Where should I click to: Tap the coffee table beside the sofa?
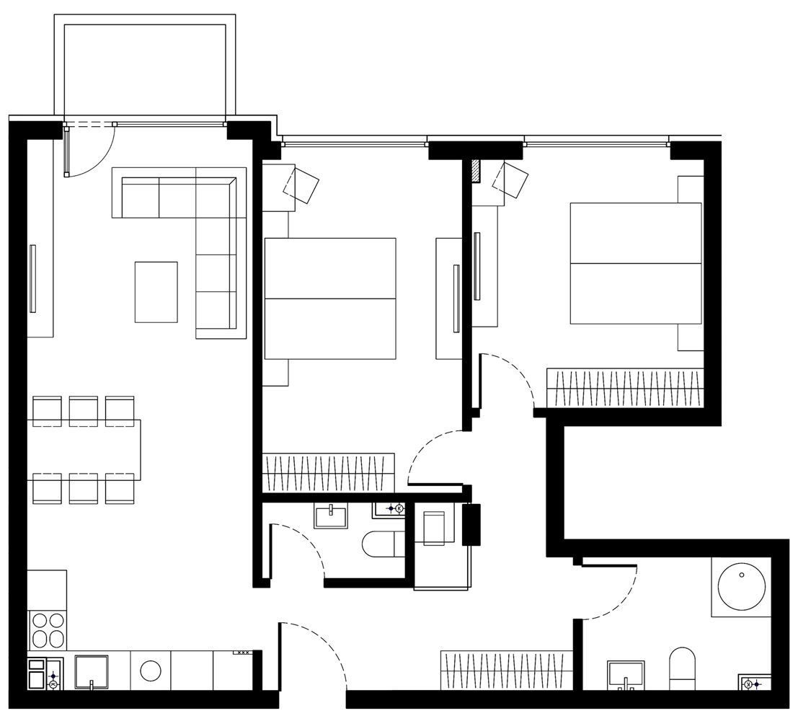point(156,291)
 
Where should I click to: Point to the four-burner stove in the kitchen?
point(46,630)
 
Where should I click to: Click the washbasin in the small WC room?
point(331,517)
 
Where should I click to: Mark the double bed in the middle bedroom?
point(329,298)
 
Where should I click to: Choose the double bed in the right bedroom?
point(635,263)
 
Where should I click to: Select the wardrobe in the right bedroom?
point(624,388)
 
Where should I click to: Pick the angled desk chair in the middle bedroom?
point(301,184)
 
